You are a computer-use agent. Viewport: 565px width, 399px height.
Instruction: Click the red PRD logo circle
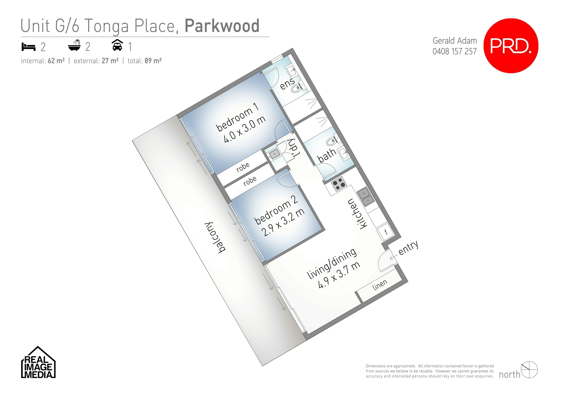coord(511,46)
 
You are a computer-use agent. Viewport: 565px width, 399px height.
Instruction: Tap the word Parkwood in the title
coord(222,26)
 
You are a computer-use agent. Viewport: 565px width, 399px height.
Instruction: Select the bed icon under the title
coord(29,47)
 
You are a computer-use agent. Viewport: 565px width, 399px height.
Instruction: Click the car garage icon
coord(117,45)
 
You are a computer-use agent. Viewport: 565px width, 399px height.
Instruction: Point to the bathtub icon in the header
coord(74,46)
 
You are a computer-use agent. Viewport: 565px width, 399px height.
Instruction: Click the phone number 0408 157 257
coord(454,51)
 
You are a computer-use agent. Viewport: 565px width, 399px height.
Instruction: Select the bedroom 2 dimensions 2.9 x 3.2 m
coord(283,222)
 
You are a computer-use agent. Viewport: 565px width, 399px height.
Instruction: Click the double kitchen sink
coord(365,197)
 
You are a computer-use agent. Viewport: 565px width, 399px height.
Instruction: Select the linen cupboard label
coord(380,285)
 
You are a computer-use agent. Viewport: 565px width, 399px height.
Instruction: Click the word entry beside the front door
coord(408,248)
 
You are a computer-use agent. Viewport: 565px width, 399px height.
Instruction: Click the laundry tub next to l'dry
coord(274,154)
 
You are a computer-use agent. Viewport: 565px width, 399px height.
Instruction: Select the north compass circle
coord(529,370)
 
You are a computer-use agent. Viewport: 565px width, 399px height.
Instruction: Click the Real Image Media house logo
coord(38,363)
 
